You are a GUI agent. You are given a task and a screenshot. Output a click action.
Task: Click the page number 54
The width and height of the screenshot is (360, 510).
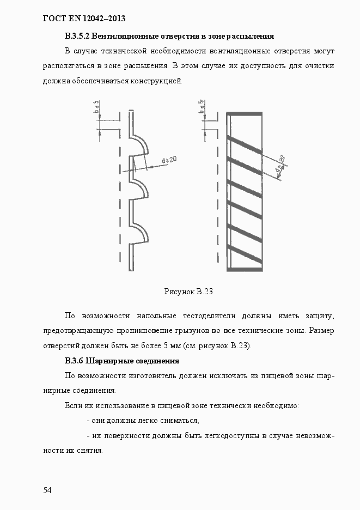point(47,490)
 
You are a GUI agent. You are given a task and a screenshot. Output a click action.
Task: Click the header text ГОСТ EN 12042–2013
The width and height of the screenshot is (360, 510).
point(84,19)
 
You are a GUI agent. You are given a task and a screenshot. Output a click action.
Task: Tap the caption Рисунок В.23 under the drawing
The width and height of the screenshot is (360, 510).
point(188,292)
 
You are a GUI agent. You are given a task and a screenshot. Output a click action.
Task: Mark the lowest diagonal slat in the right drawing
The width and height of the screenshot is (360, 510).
point(245,254)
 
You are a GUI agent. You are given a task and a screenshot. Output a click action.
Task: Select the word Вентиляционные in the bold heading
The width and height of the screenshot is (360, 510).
point(123,37)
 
